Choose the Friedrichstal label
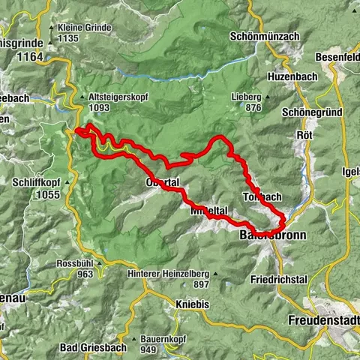[279, 279]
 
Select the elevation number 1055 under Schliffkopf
[46, 193]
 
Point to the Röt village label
[304, 136]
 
